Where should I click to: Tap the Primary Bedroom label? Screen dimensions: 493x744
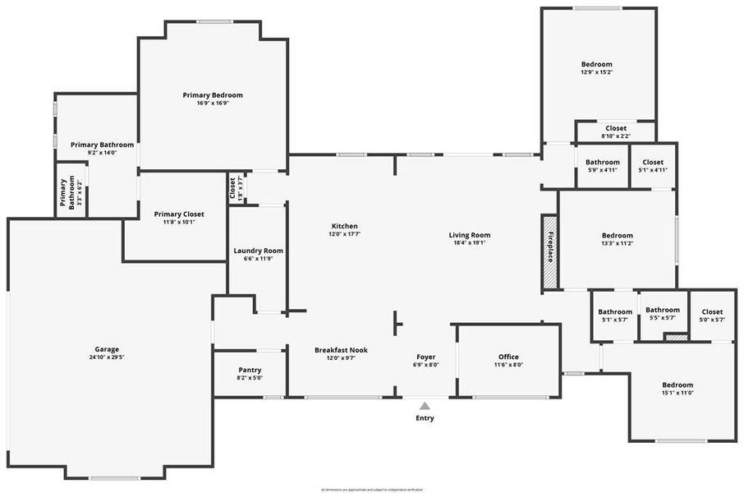pos(213,95)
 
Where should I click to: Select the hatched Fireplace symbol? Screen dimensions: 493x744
pos(549,252)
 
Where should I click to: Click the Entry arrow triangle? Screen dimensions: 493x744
pos(425,405)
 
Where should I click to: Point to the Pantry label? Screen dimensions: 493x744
pos(250,370)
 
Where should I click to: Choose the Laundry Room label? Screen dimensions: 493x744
pos(258,251)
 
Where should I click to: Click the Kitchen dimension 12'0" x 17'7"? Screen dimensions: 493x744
pos(344,234)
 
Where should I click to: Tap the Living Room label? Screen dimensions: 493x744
pos(469,235)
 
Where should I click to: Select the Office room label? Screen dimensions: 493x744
pos(508,357)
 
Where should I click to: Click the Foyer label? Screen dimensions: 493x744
pos(425,357)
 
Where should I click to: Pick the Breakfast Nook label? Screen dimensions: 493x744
pos(341,350)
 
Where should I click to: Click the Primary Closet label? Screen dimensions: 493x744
pos(179,214)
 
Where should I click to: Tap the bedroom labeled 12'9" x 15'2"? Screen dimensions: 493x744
pos(596,64)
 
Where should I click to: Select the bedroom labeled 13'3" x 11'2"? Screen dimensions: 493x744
pos(617,235)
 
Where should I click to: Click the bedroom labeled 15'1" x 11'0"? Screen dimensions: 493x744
pos(677,385)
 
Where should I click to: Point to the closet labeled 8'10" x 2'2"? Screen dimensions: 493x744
pos(616,128)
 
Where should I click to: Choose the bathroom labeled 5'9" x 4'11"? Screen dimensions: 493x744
pos(603,163)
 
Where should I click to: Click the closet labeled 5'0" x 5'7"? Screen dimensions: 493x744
pos(712,312)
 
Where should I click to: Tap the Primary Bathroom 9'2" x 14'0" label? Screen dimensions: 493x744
pos(102,145)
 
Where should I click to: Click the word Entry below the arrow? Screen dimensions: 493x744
pos(425,418)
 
